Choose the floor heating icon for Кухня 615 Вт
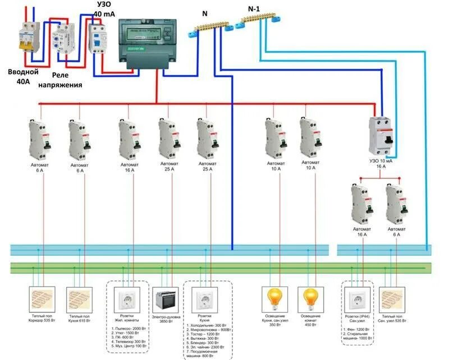79,298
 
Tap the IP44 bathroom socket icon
357,299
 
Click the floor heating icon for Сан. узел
393,298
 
